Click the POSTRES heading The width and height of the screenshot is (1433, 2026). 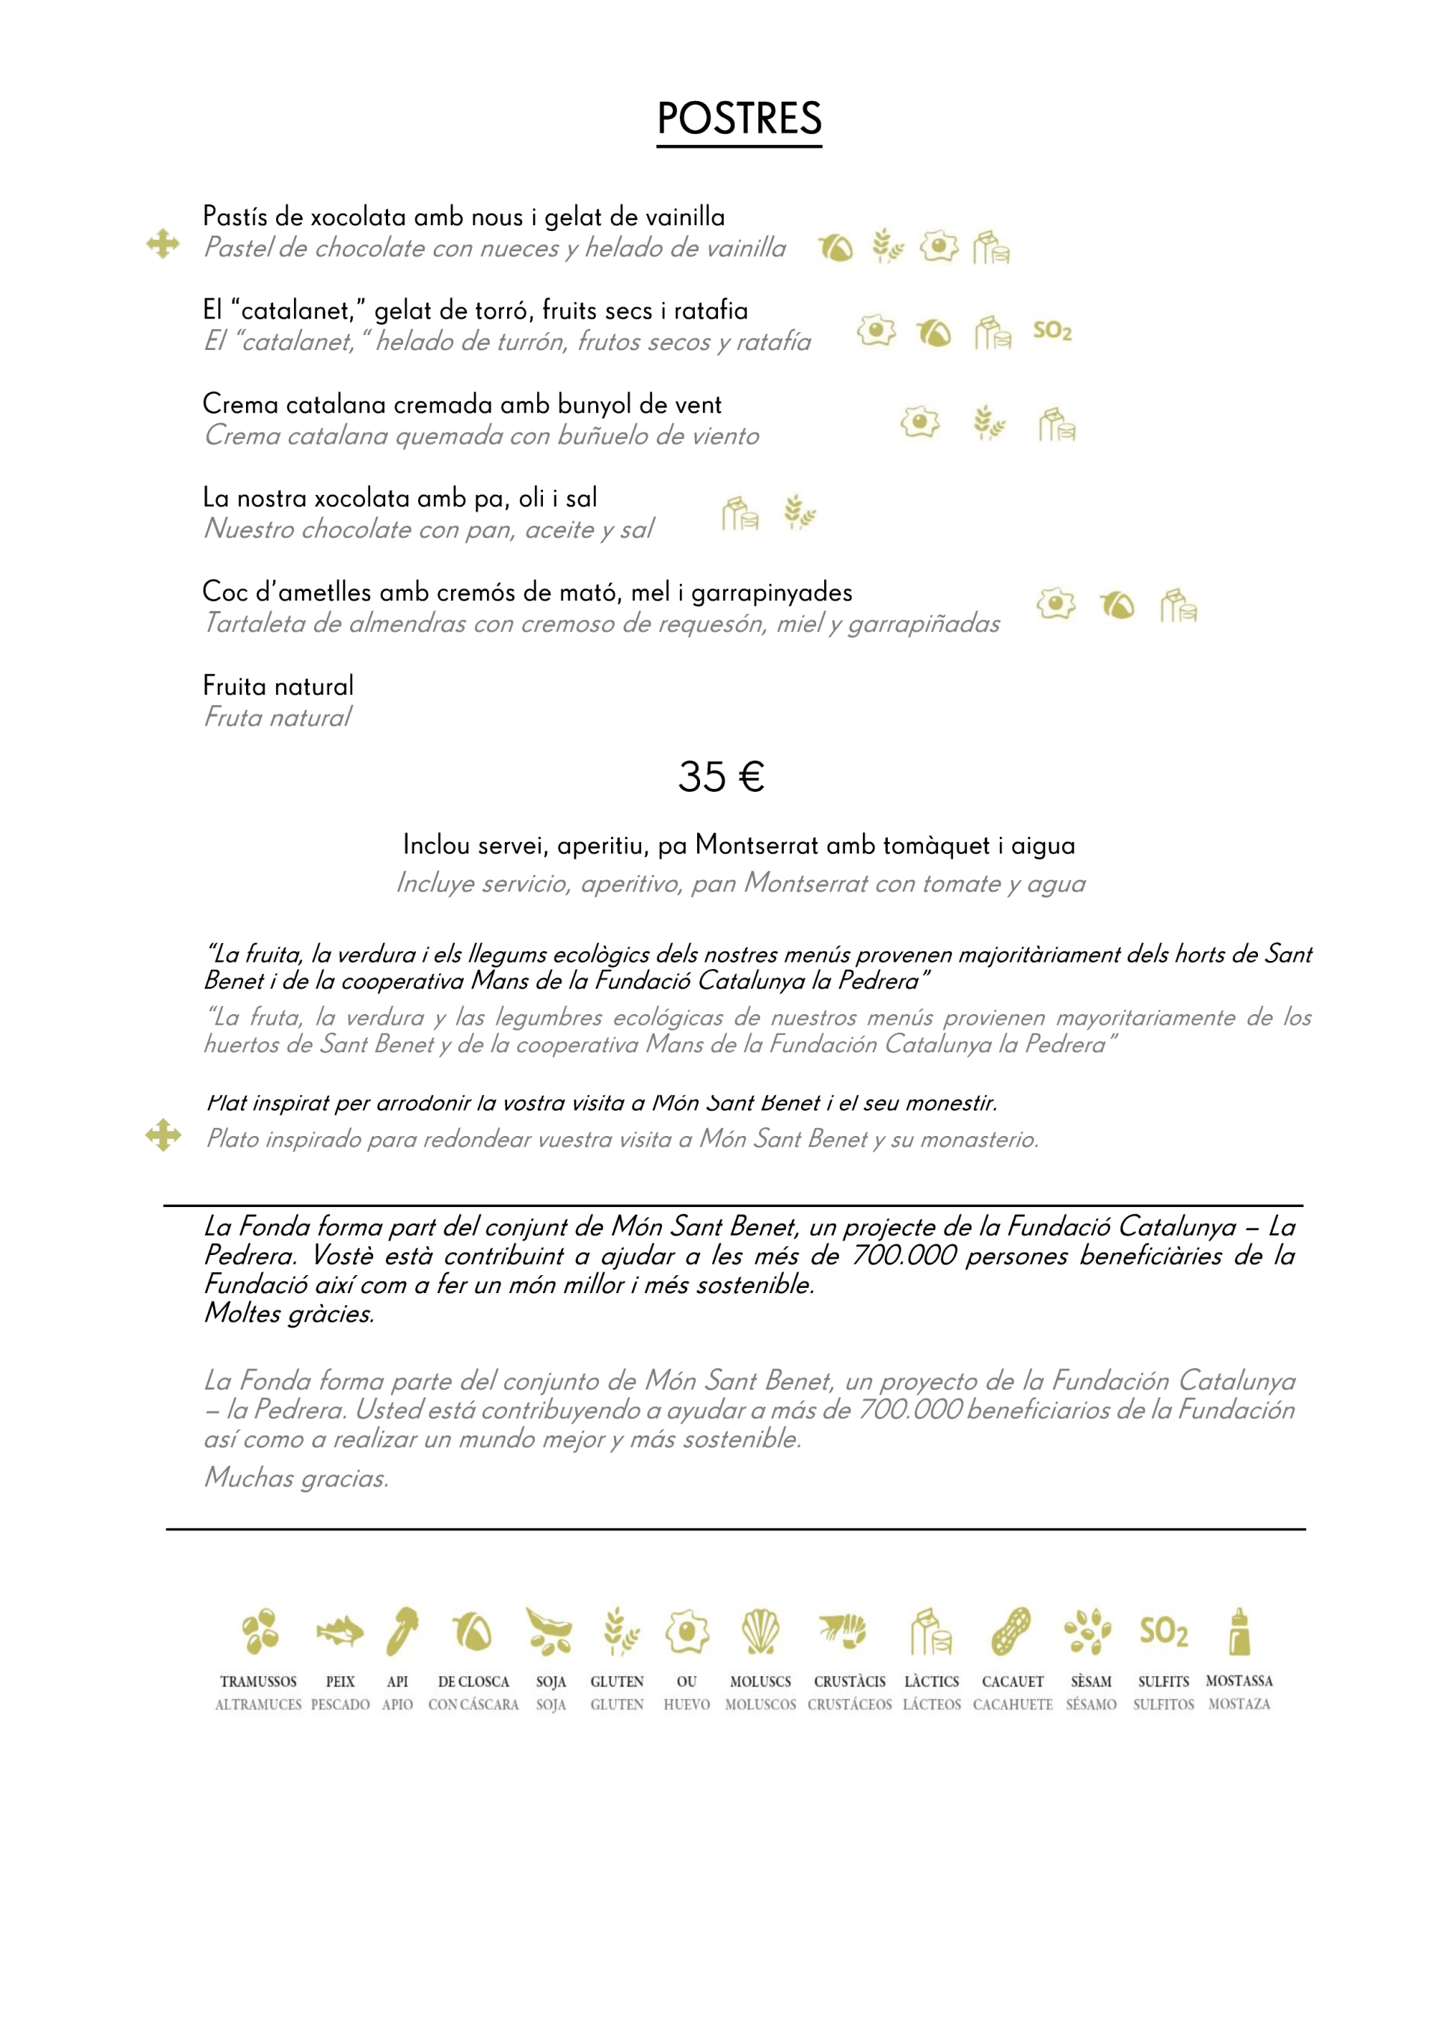pyautogui.click(x=738, y=118)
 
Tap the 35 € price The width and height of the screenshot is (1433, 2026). pyautogui.click(x=720, y=777)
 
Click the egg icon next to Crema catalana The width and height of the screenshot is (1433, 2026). pyautogui.click(x=919, y=422)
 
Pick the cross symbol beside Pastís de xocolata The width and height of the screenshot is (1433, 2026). pyautogui.click(x=163, y=244)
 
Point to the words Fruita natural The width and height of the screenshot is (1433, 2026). pyautogui.click(x=278, y=686)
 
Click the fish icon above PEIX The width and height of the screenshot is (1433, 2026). pyautogui.click(x=340, y=1632)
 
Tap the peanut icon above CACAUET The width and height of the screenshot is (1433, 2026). pyautogui.click(x=1011, y=1632)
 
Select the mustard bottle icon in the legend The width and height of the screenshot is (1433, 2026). pyautogui.click(x=1240, y=1632)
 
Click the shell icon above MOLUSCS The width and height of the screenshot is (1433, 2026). pyautogui.click(x=760, y=1632)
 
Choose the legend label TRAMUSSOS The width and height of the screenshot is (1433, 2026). pyautogui.click(x=259, y=1682)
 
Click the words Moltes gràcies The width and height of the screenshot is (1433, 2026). pyautogui.click(x=289, y=1314)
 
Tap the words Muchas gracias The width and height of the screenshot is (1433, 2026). pyautogui.click(x=296, y=1478)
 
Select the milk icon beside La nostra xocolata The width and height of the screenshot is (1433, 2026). pyautogui.click(x=740, y=513)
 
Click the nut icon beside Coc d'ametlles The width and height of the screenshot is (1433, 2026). pyautogui.click(x=1117, y=605)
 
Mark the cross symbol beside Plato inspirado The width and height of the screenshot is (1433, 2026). pyautogui.click(x=163, y=1136)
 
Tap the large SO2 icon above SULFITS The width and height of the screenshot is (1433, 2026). pyautogui.click(x=1163, y=1632)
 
